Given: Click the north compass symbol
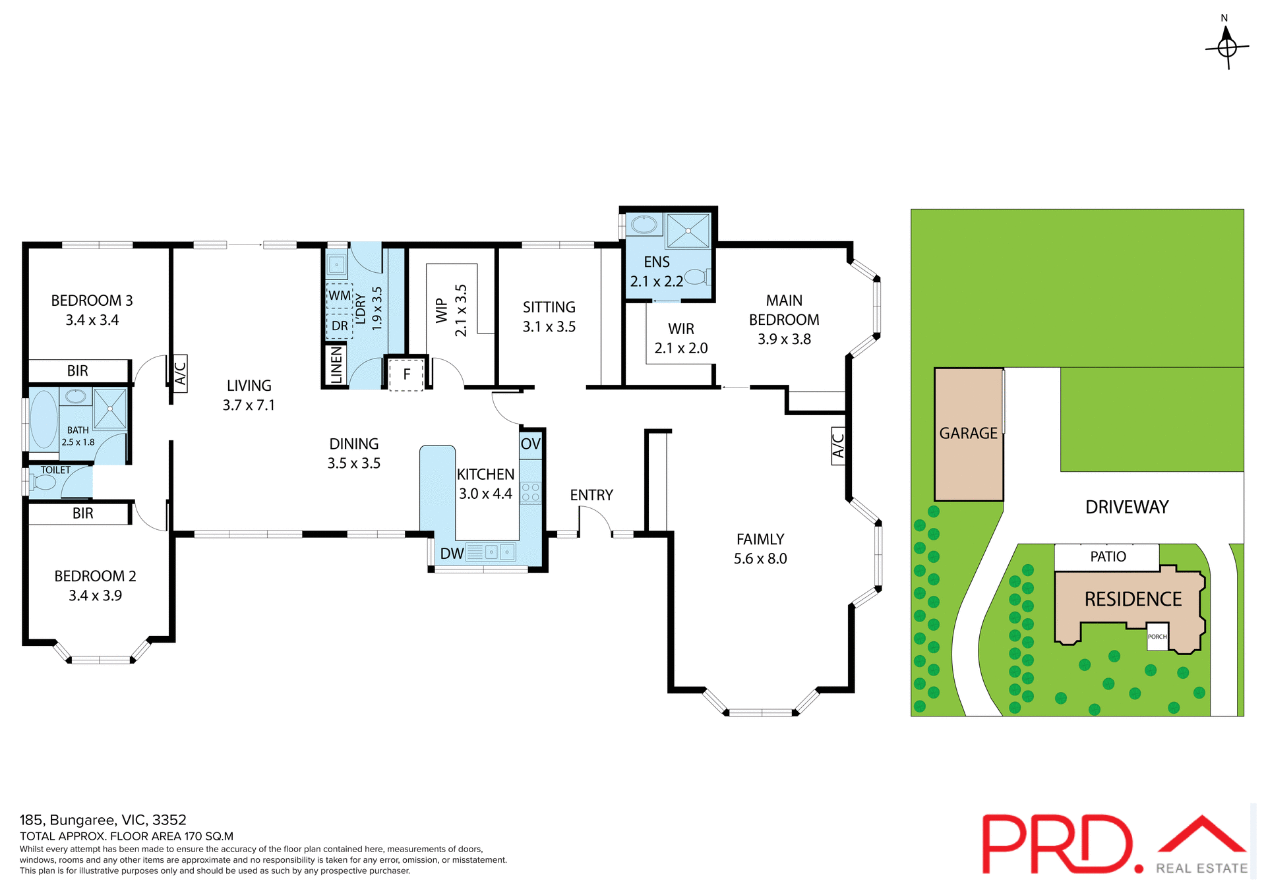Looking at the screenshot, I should pos(1226,46).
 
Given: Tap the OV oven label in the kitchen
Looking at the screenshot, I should pos(530,444).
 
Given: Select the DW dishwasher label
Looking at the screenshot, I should pos(452,554).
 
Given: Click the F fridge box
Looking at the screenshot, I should pos(406,374).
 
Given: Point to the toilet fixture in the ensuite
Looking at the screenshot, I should pos(696,277).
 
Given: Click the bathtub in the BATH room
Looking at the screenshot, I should pos(44,419).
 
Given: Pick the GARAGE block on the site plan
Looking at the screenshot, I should pos(968,434).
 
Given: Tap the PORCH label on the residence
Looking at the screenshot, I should pos(1157,637).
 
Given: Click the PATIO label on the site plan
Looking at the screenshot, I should pos(1108,557).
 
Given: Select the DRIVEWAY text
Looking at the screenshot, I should pos(1127,507).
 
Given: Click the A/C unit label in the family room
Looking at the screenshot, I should pos(838,446).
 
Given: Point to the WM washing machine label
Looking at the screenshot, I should pos(340,295).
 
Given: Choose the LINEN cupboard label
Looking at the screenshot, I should pos(336,364).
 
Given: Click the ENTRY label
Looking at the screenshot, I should pos(591,495).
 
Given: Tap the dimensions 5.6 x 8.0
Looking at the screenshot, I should pos(760,559).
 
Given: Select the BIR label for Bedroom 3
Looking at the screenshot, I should pos(78,371).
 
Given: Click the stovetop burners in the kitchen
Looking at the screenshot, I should pos(530,492).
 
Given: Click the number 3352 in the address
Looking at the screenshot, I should pos(169,820).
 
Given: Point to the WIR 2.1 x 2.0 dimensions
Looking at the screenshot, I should pos(681,348).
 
